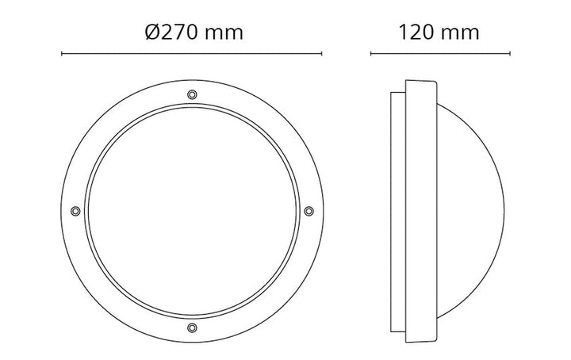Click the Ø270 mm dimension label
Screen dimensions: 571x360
[194, 32]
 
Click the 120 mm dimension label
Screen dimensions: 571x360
[439, 32]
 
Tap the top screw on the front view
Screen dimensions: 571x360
[192, 94]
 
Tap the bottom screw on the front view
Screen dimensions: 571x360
[192, 327]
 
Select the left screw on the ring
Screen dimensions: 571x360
[75, 211]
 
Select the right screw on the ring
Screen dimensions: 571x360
[308, 211]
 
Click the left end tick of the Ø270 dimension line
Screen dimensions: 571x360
[62, 54]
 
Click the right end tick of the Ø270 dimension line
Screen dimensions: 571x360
[321, 54]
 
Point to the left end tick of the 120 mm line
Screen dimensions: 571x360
[370, 54]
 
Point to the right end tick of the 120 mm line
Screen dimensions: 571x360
[509, 54]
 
